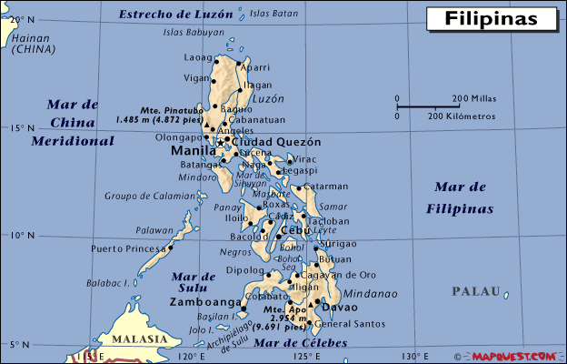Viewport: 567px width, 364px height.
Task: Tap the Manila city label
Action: [193, 151]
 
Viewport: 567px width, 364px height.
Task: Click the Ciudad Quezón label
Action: [277, 142]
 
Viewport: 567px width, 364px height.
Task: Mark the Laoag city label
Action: [196, 57]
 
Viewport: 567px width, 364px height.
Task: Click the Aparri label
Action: [255, 67]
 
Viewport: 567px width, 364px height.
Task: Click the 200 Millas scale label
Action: [472, 97]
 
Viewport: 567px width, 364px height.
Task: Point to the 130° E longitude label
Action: [415, 355]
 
